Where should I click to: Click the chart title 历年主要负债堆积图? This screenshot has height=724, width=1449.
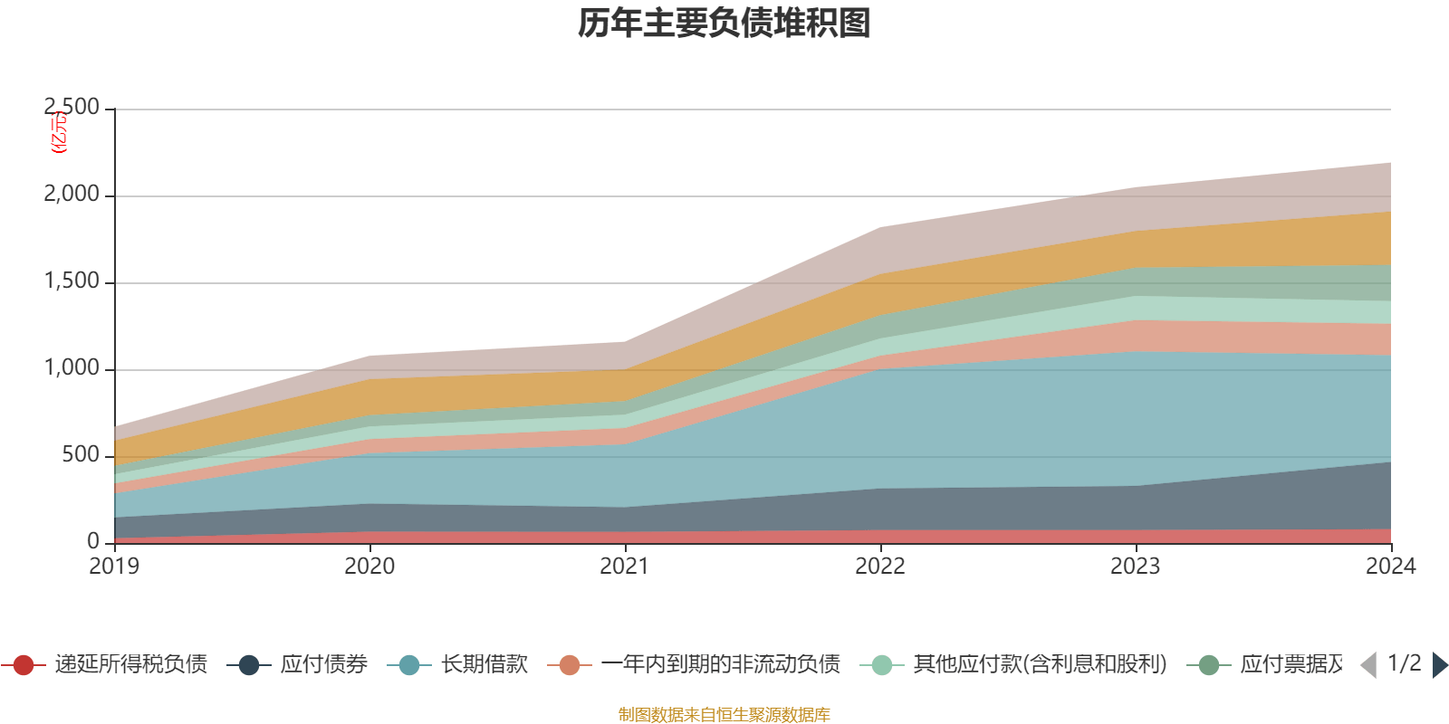[x=724, y=24]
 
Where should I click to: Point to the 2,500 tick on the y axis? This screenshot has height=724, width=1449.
[x=72, y=108]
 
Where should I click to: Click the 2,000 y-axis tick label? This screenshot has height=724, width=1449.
[x=72, y=195]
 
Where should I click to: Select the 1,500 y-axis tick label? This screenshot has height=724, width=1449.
[x=72, y=281]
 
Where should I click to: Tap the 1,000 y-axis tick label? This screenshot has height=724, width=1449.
[x=72, y=368]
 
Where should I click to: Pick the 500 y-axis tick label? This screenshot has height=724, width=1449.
[x=81, y=455]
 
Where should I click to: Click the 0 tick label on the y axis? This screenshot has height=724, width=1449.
[x=93, y=542]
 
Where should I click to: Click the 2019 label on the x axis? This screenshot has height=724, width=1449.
[x=114, y=567]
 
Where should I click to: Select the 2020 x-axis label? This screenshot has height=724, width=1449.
[x=369, y=567]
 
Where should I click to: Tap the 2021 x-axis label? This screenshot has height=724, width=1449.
[x=625, y=567]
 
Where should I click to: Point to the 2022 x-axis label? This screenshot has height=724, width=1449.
[x=880, y=567]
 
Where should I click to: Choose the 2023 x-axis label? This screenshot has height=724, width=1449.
[x=1136, y=567]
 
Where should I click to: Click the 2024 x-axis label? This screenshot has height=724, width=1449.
[x=1390, y=567]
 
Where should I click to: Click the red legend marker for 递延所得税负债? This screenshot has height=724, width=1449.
[x=24, y=665]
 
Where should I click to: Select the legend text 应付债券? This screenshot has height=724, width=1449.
[x=323, y=665]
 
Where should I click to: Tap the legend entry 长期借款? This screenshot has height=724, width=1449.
[x=484, y=665]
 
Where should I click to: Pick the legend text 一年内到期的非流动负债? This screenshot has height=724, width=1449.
[x=720, y=665]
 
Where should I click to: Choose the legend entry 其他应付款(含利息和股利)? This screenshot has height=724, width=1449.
[x=1040, y=665]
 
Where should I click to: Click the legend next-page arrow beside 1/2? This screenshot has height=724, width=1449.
[x=1440, y=665]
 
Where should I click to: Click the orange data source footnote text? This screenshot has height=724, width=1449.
[x=724, y=715]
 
